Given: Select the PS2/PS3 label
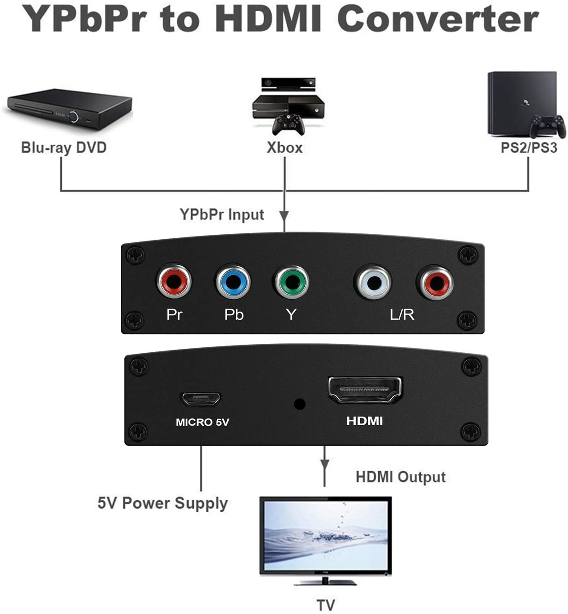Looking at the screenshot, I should click(529, 147).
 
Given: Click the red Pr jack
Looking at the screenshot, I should click(174, 282).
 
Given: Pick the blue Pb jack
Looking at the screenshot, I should click(233, 282).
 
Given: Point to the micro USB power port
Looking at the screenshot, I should click(201, 398).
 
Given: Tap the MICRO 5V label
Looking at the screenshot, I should click(202, 422).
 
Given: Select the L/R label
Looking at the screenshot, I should click(402, 314).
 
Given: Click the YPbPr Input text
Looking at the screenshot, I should click(222, 214).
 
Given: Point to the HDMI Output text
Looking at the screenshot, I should click(400, 477).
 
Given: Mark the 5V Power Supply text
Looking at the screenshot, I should click(163, 503).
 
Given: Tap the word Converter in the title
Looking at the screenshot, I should click(438, 19).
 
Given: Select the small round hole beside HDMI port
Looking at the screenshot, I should click(299, 404).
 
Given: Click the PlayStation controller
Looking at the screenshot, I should click(547, 126).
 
